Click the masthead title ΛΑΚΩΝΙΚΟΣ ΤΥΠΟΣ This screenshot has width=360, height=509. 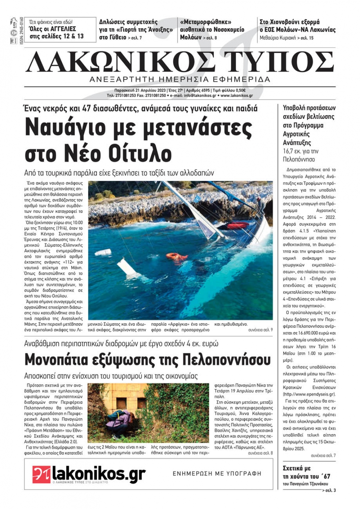pos(180,62)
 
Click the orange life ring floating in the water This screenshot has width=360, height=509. pos(177,256)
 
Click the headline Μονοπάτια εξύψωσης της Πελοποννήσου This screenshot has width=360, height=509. pos(147,359)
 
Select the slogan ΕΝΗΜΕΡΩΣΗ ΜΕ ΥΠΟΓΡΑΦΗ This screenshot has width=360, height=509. pos(217,474)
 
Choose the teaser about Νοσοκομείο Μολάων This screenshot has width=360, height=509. pos(212,30)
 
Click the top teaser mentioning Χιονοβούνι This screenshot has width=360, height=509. pos(297,26)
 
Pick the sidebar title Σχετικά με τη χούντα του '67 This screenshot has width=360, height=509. pos(306,472)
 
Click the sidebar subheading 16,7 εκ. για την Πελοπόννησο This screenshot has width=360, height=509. pos(301,155)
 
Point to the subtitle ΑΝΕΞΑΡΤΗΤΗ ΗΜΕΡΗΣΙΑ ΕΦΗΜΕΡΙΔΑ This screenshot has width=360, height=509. pos(180,79)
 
